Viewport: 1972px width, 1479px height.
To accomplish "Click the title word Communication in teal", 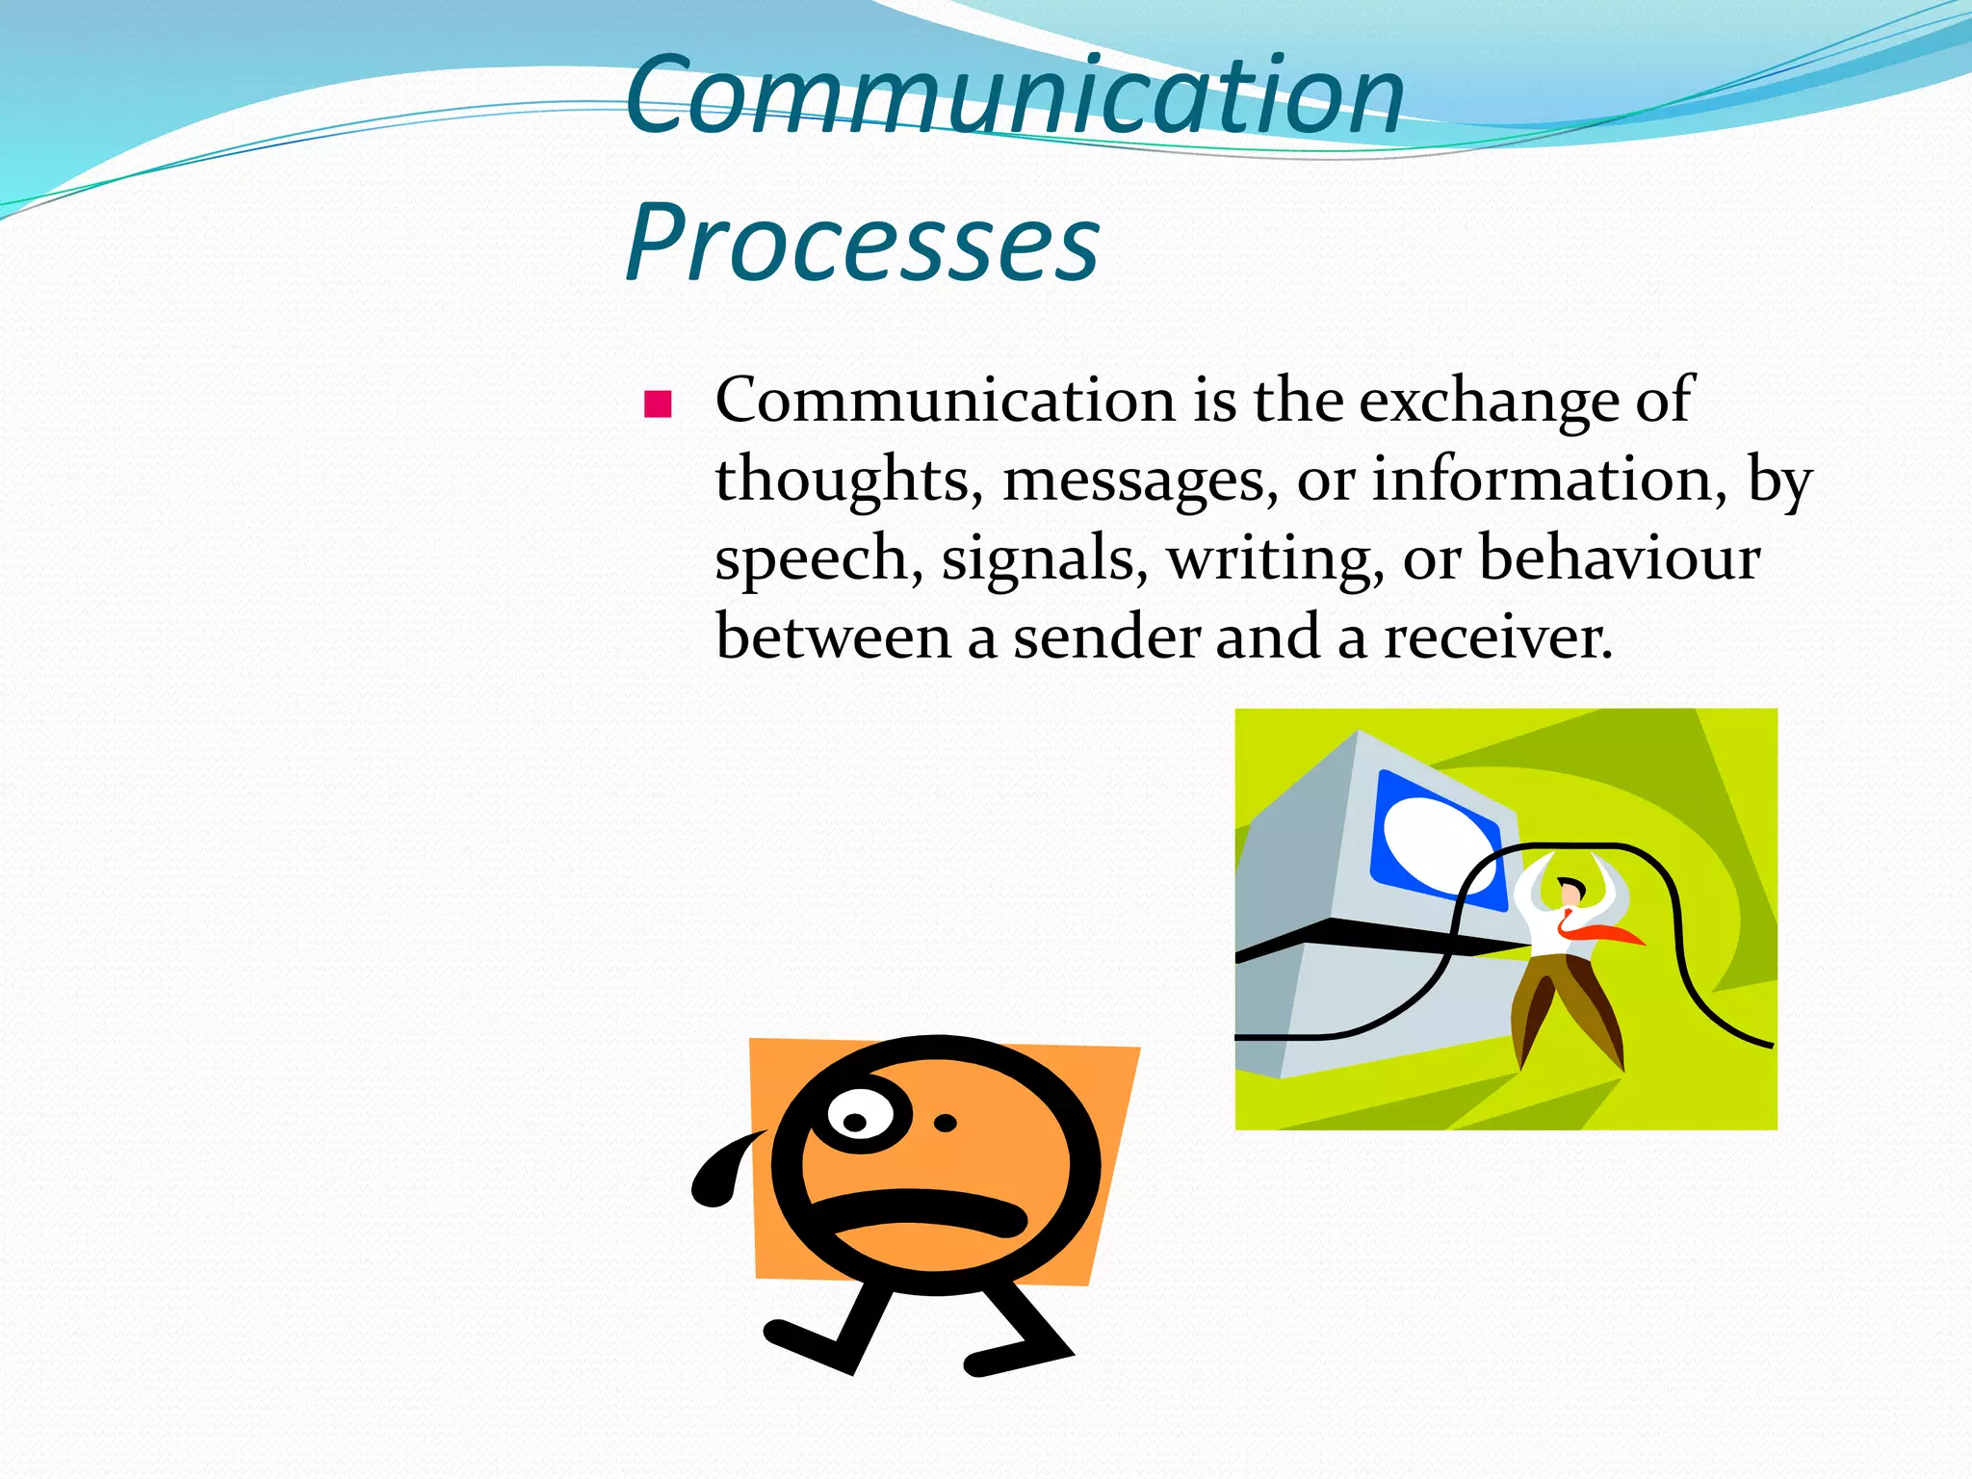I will pyautogui.click(x=1015, y=96).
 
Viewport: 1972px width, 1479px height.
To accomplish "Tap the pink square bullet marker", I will pyautogui.click(x=658, y=403).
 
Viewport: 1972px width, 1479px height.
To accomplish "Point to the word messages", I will pyautogui.click(x=1140, y=480).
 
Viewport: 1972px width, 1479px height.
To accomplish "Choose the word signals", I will pyautogui.click(x=1044, y=558).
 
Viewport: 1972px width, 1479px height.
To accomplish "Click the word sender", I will pyautogui.click(x=1105, y=637).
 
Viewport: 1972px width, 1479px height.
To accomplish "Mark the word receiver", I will pyautogui.click(x=1497, y=637).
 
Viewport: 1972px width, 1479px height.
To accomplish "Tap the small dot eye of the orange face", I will pyautogui.click(x=946, y=1123).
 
